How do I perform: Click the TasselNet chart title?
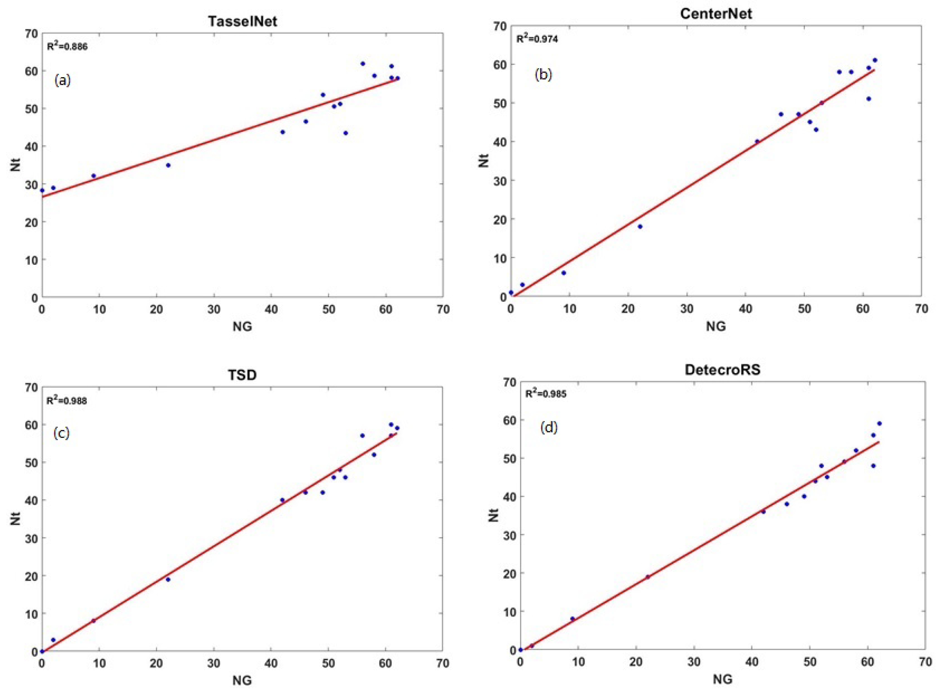pyautogui.click(x=243, y=21)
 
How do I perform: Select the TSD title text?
pyautogui.click(x=243, y=375)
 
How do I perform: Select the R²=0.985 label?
pyautogui.click(x=546, y=394)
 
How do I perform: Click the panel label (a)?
pyautogui.click(x=62, y=80)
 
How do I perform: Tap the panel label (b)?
pyautogui.click(x=543, y=74)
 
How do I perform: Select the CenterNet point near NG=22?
pyautogui.click(x=640, y=226)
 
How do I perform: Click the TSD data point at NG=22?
pyautogui.click(x=168, y=579)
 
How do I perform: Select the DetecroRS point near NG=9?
pyautogui.click(x=573, y=619)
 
